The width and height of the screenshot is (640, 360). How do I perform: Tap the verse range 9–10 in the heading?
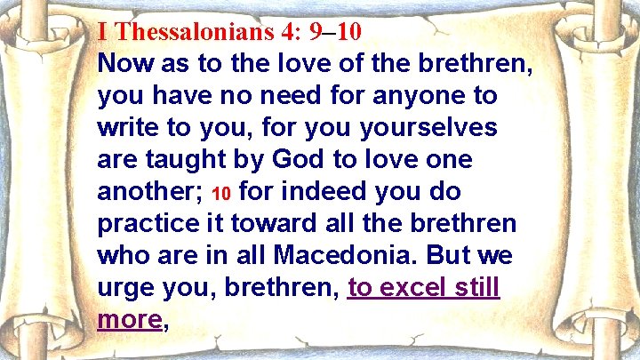click(x=335, y=33)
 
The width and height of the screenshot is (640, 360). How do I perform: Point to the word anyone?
click(x=384, y=95)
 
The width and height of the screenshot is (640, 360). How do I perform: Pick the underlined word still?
click(x=476, y=288)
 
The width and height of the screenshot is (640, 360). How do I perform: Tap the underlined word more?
click(x=128, y=320)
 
